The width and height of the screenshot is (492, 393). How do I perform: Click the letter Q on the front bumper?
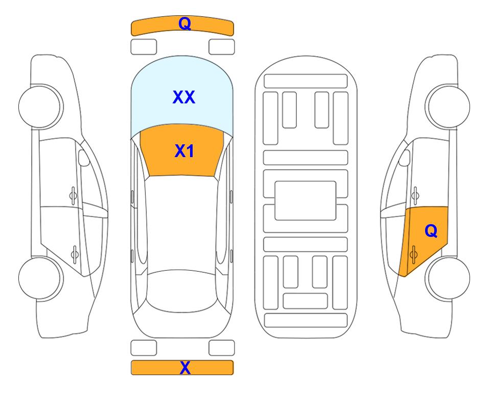(x=184, y=23)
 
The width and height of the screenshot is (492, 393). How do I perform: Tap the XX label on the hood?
(x=184, y=97)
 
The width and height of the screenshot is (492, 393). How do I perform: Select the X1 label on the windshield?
(x=184, y=151)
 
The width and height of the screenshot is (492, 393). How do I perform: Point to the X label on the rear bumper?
(x=185, y=368)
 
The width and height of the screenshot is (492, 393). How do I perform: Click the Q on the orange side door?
(x=431, y=231)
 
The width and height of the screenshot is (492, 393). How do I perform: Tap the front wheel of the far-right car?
(x=449, y=106)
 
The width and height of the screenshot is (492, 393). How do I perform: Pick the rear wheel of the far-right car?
(x=449, y=278)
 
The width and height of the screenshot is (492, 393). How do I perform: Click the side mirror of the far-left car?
(x=83, y=158)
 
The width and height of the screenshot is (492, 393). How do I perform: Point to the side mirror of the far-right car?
(x=405, y=158)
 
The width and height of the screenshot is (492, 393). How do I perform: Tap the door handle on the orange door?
(x=413, y=254)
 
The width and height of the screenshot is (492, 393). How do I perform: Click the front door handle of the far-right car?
(x=415, y=195)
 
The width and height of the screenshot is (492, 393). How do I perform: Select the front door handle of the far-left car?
(x=73, y=195)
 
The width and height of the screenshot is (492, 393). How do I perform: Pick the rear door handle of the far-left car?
(x=75, y=254)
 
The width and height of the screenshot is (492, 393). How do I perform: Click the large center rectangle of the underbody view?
(x=306, y=201)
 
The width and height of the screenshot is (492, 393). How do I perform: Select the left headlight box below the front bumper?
(x=144, y=47)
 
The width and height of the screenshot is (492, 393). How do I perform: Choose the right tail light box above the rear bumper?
(x=222, y=348)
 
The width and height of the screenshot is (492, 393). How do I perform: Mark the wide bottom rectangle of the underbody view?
(x=306, y=320)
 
